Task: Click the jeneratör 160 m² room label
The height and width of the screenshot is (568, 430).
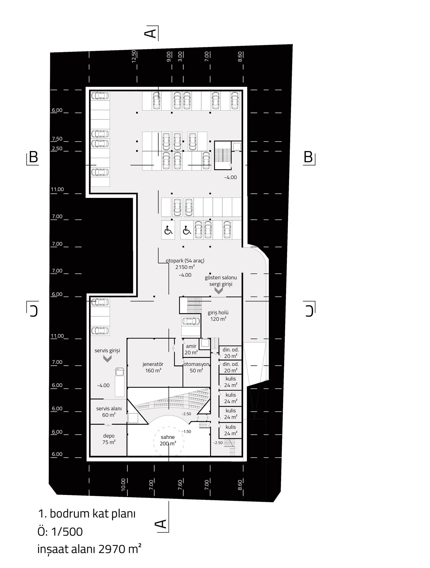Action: tap(153, 367)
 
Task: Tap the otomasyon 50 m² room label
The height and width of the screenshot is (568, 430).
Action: tap(196, 367)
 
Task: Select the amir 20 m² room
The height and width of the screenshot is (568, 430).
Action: tap(191, 349)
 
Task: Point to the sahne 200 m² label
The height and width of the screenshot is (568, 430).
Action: tap(168, 440)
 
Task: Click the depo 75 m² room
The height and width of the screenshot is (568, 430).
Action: tap(109, 439)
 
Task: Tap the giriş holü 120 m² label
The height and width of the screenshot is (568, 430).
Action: tap(218, 316)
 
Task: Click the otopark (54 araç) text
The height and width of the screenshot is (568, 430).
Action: tap(185, 261)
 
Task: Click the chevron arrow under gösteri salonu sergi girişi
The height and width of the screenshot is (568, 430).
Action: tap(219, 291)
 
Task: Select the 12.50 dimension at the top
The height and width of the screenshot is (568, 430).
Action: tap(134, 56)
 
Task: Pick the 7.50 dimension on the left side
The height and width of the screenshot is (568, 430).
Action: tap(57, 139)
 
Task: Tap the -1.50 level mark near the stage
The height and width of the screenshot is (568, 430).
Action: tap(186, 432)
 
